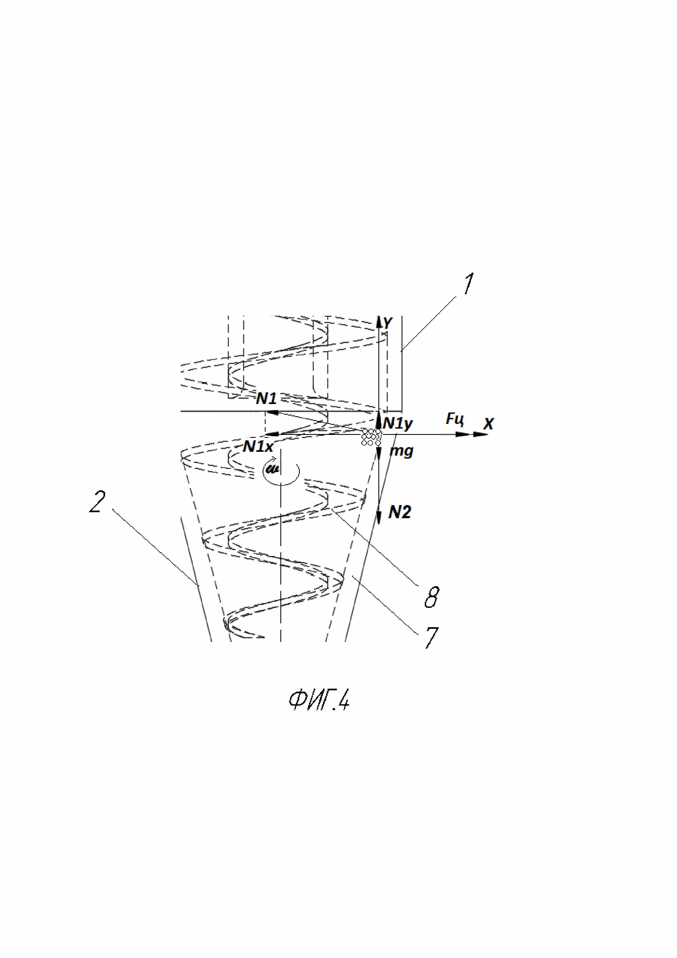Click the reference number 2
coord(97,502)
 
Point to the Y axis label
coord(388,323)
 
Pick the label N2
coord(399,512)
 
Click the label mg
coord(401,451)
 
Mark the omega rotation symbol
coord(274,469)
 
